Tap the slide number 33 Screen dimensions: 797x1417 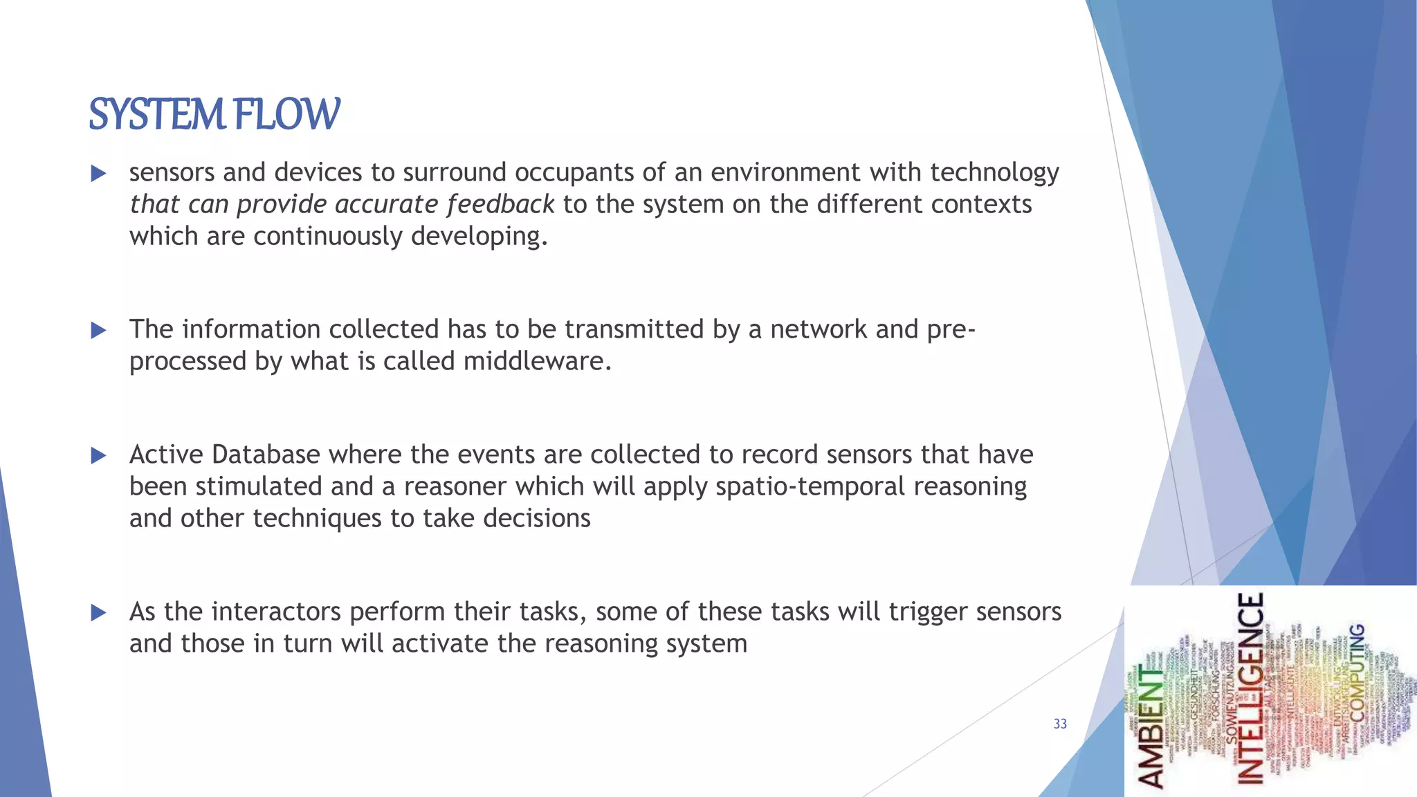pyautogui.click(x=1060, y=724)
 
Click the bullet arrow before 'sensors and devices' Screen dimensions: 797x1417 pyautogui.click(x=98, y=173)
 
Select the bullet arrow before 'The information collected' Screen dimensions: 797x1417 pyautogui.click(x=98, y=330)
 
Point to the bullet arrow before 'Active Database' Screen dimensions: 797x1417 pyautogui.click(x=98, y=455)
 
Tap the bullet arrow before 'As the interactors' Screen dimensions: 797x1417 pyautogui.click(x=98, y=612)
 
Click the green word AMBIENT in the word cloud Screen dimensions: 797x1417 pyautogui.click(x=1152, y=726)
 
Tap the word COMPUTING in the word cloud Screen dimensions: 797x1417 pyautogui.click(x=1357, y=671)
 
